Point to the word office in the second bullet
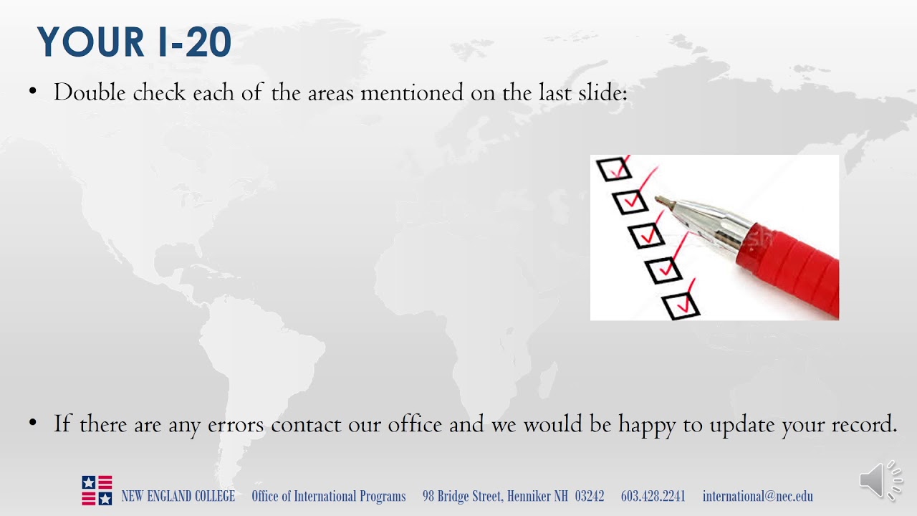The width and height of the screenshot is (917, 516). click(415, 424)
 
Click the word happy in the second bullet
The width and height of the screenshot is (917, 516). click(648, 424)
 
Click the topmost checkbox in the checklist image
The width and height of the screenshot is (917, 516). click(614, 169)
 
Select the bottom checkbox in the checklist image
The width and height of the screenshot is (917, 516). click(681, 306)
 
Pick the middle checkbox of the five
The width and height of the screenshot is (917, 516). click(647, 235)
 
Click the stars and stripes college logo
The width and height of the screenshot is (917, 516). click(97, 490)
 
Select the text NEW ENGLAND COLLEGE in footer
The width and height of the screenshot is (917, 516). click(178, 496)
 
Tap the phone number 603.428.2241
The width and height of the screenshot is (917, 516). click(653, 496)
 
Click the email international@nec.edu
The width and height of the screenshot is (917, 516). click(757, 496)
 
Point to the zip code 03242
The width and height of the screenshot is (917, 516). click(589, 496)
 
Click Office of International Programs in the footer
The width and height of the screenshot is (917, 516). click(328, 496)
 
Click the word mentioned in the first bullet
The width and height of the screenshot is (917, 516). click(413, 92)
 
